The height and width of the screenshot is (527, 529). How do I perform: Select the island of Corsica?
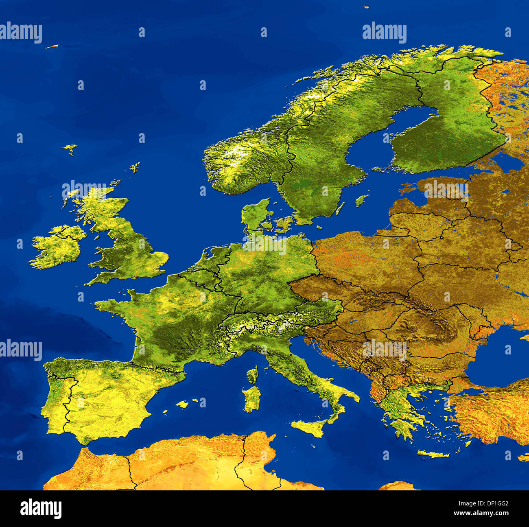[x=253, y=374]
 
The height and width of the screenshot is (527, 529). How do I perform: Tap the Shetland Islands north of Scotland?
[x=135, y=167]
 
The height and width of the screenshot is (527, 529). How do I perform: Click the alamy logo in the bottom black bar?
[x=41, y=509]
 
